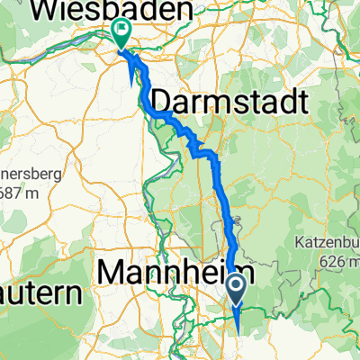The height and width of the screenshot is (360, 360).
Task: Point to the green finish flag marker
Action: (x=121, y=32)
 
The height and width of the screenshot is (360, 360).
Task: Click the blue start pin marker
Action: (x=236, y=290)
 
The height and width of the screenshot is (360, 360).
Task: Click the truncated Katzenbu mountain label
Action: (x=327, y=243)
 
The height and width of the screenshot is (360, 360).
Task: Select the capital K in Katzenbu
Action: (x=299, y=243)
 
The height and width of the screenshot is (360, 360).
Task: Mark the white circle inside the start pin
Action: (x=236, y=286)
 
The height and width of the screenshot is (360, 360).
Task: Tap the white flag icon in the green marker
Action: (x=121, y=30)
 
